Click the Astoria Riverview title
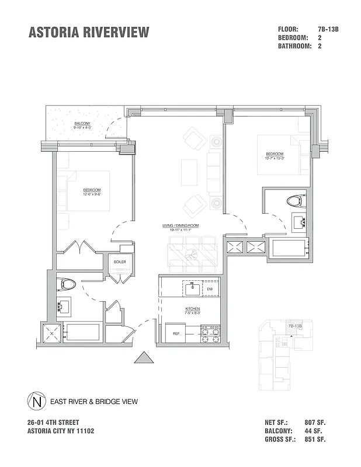tap(88, 32)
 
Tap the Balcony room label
tap(82, 124)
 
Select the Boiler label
tap(120, 262)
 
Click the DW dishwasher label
tap(209, 289)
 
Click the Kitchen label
tap(193, 308)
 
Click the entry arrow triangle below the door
tap(144, 357)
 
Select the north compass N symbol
tap(37, 402)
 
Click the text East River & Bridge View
tap(94, 402)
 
